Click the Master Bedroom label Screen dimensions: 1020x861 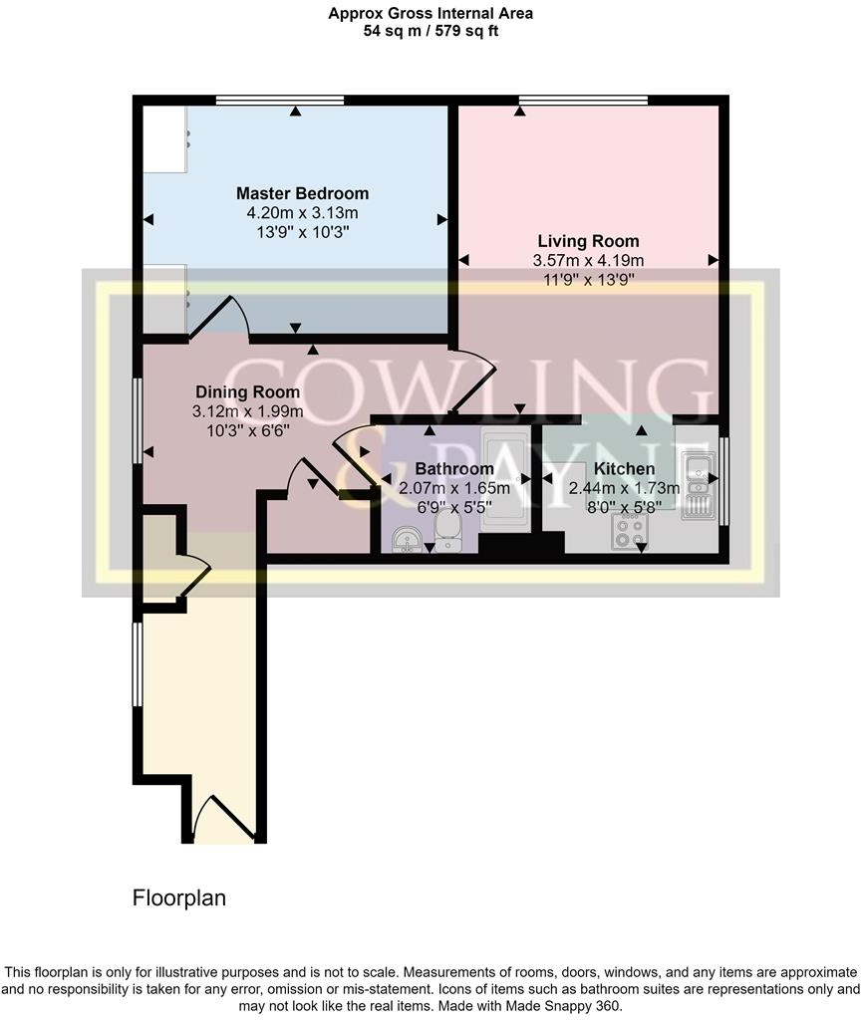[x=302, y=193]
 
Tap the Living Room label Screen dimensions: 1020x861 [x=588, y=241]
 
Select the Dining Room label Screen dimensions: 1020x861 [x=249, y=391]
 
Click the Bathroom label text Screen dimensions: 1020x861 [x=453, y=469]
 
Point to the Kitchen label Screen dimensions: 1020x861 [x=624, y=469]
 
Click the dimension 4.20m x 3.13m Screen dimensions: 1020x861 [x=302, y=213]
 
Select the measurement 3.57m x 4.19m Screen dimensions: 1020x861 [x=588, y=261]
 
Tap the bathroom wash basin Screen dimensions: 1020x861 [x=405, y=539]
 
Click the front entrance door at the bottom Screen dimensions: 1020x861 [x=219, y=819]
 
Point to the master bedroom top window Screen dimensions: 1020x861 [x=280, y=99]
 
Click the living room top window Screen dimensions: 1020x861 [x=583, y=99]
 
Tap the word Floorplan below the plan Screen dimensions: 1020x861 [x=179, y=897]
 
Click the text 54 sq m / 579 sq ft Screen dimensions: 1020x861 [x=430, y=31]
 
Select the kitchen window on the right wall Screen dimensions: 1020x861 [x=724, y=480]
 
